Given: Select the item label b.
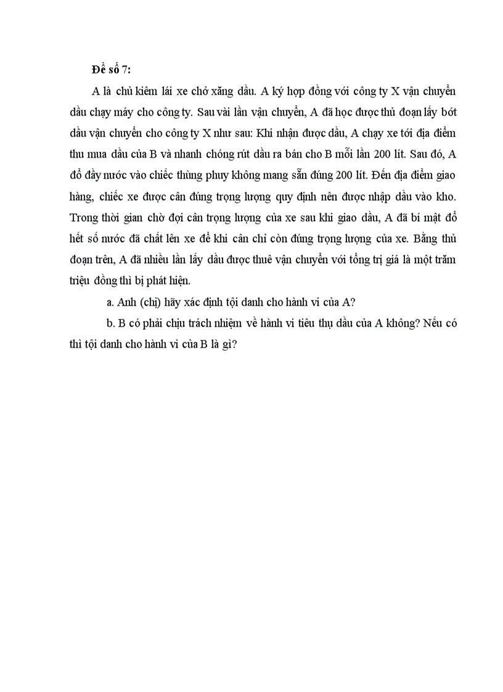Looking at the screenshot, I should pyautogui.click(x=110, y=323).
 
